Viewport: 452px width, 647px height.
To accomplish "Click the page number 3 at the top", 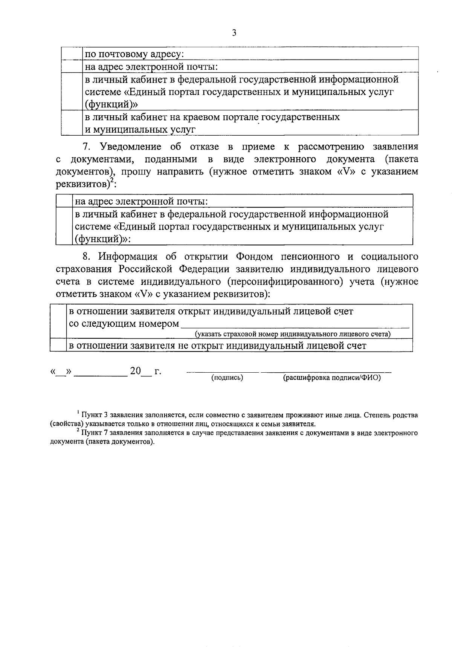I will [x=234, y=33].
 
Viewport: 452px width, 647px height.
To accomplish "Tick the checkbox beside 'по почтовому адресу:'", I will [x=72, y=53].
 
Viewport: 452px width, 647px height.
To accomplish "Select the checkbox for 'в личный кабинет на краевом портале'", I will [x=72, y=122].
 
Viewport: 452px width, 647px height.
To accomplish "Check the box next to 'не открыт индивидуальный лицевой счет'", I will [x=58, y=346].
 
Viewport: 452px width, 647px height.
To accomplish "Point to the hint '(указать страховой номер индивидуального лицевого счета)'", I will [x=292, y=334].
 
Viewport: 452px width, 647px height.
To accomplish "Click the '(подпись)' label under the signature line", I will [x=227, y=378].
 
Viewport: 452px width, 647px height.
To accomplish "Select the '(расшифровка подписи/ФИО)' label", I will [x=331, y=378].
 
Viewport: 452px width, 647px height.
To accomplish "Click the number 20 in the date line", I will [x=135, y=371].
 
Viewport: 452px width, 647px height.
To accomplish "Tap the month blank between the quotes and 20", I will [x=101, y=372].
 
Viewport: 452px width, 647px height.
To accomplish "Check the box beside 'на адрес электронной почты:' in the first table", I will [x=72, y=67].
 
